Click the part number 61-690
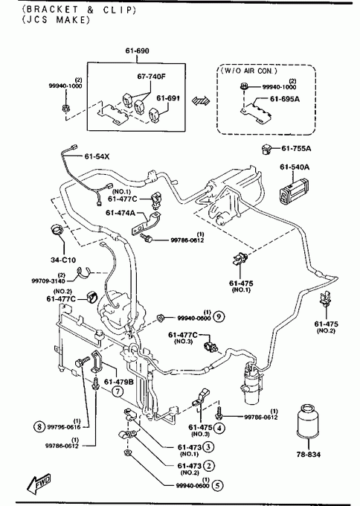point(137,51)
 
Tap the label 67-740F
point(151,77)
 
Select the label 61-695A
point(285,99)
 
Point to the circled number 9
point(219,316)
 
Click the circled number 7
point(118,391)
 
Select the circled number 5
point(218,485)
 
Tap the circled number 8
point(39,426)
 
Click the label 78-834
point(309,455)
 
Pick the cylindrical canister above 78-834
point(308,421)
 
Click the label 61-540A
point(295,167)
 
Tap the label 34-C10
point(63,260)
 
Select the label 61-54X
point(97,156)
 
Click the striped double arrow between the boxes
point(201,101)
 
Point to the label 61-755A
point(296,148)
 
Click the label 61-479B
point(119,382)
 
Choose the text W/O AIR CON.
point(248,71)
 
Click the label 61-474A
point(120,213)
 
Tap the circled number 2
point(209,466)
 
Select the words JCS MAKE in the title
point(56,20)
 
